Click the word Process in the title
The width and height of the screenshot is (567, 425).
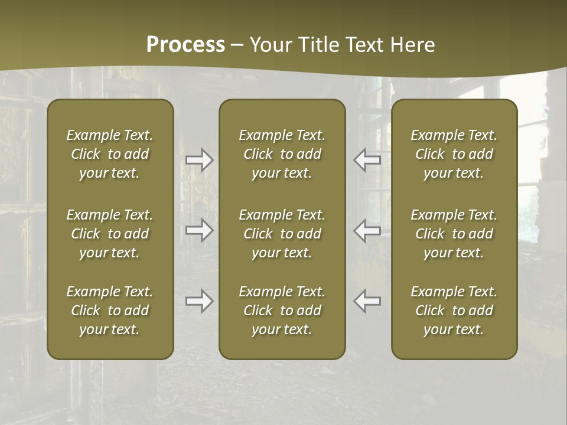click(185, 45)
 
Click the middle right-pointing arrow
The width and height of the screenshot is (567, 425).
click(199, 230)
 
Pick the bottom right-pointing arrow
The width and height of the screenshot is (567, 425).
click(199, 301)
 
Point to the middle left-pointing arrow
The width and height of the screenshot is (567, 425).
click(367, 230)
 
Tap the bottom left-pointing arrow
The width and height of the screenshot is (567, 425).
click(367, 301)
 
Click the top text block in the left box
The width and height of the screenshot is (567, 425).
click(110, 154)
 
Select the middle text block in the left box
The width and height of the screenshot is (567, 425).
click(110, 234)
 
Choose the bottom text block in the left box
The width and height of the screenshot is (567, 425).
click(110, 310)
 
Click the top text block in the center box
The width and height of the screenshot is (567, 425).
click(282, 154)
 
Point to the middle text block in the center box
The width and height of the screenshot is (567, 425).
click(282, 234)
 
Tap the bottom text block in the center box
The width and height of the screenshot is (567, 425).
click(282, 310)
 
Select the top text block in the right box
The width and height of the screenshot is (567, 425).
click(454, 154)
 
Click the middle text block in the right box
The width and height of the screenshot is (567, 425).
click(454, 234)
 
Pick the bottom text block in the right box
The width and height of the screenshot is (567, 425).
click(454, 310)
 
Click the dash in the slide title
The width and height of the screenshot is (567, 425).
click(237, 45)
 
